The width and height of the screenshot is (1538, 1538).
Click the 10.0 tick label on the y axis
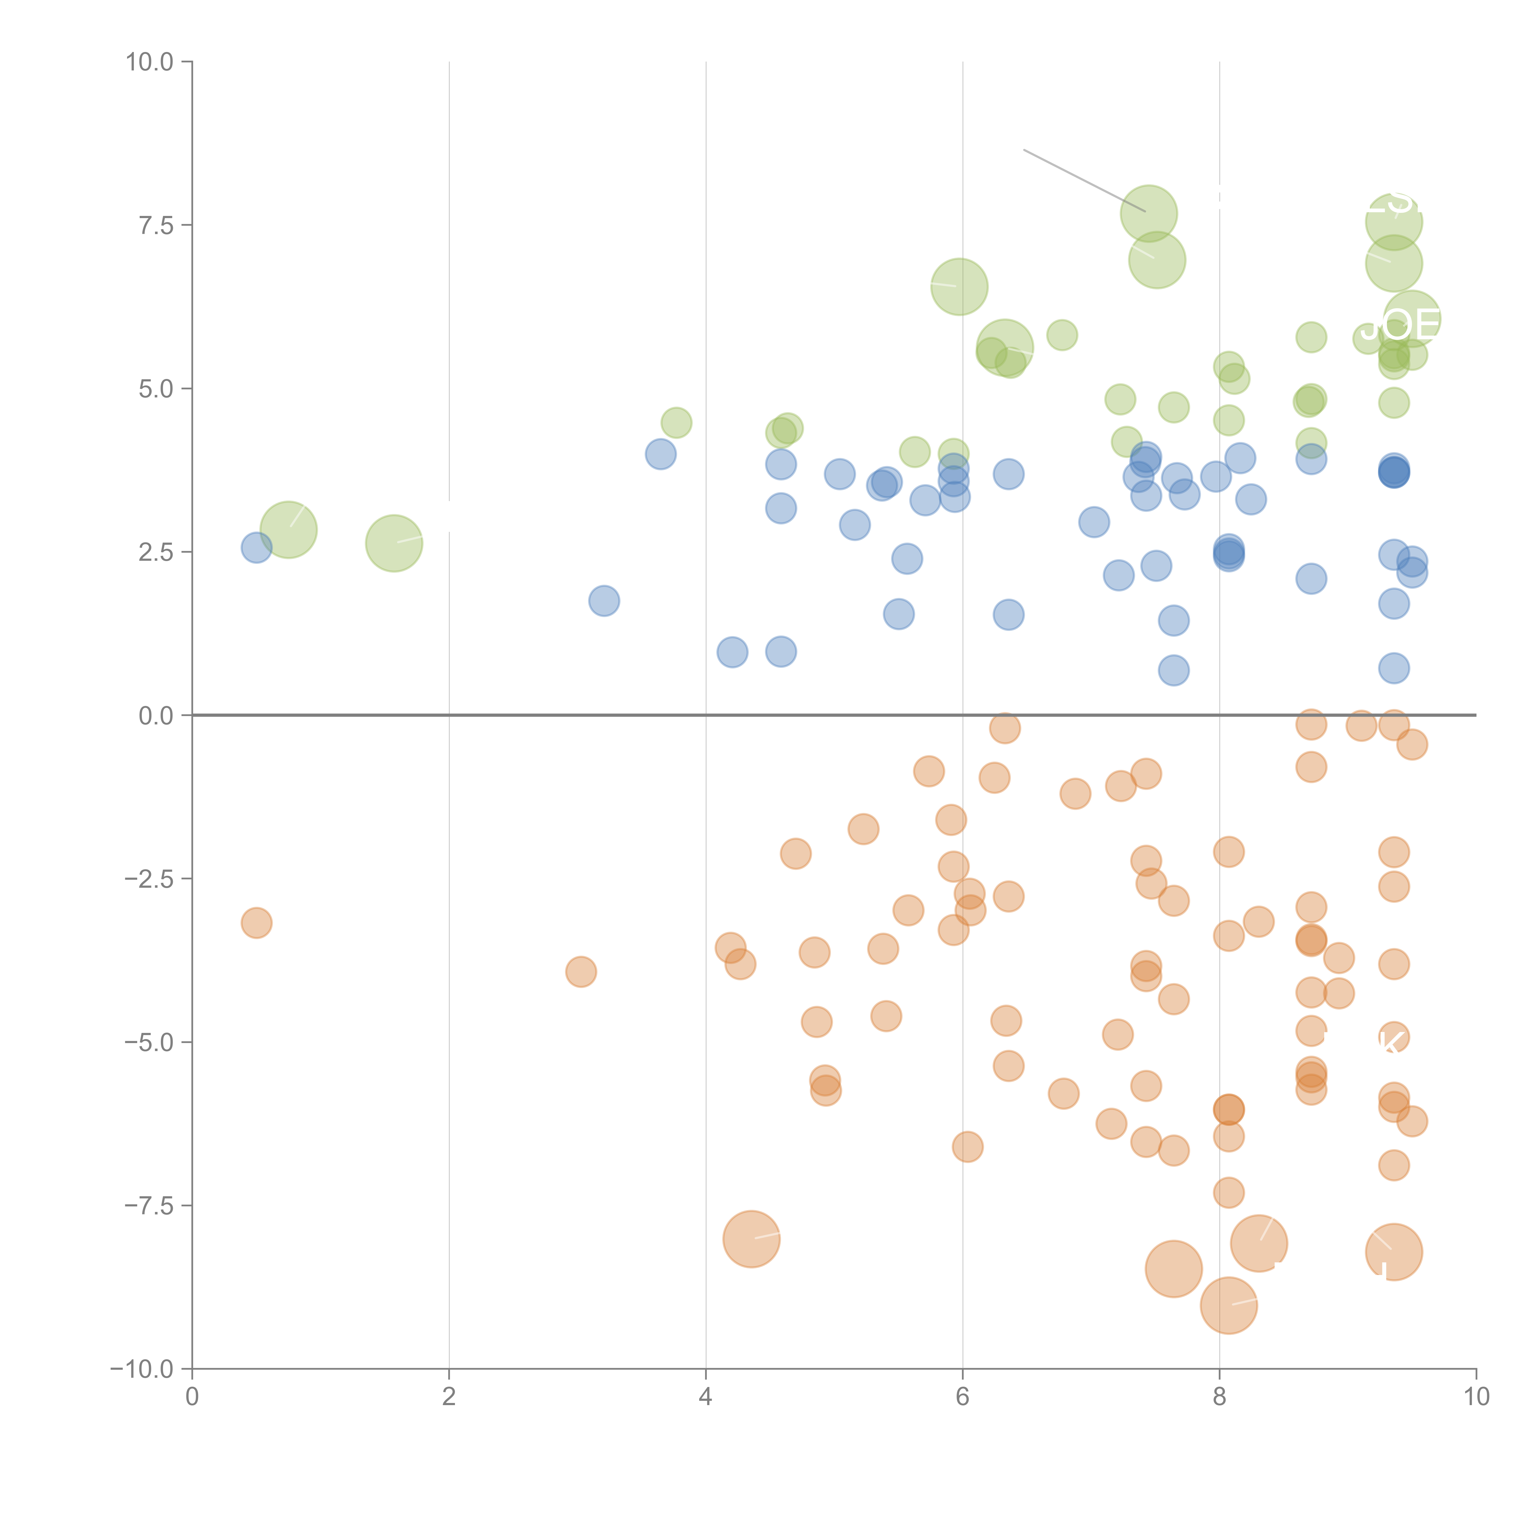pyautogui.click(x=150, y=62)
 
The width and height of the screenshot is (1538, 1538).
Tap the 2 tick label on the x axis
pyautogui.click(x=449, y=1397)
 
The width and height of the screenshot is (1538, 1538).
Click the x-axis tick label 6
pyautogui.click(x=962, y=1397)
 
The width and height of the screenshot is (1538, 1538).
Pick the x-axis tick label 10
pyautogui.click(x=1476, y=1397)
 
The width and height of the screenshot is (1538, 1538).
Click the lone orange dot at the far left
pyautogui.click(x=256, y=923)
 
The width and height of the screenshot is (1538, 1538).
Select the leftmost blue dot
pyautogui.click(x=256, y=548)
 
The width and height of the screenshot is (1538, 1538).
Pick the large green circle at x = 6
pyautogui.click(x=959, y=287)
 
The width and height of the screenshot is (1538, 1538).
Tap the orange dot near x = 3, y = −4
pyautogui.click(x=581, y=972)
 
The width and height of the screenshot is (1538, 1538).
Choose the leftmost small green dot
pyautogui.click(x=676, y=423)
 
